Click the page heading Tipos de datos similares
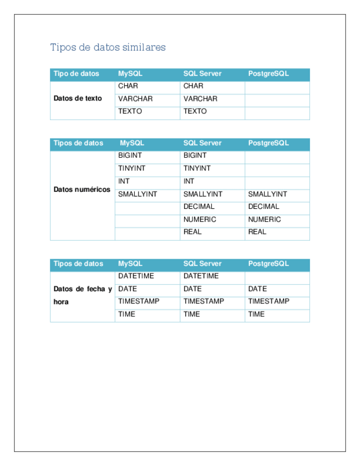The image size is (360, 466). coord(108,47)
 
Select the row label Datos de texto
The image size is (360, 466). coord(77,99)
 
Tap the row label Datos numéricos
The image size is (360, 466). coord(82,190)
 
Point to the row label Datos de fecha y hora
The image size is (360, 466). coord(82,295)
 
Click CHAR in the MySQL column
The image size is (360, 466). coord(128,86)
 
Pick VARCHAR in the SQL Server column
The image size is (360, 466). coord(200,99)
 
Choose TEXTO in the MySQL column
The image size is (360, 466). coord(130,112)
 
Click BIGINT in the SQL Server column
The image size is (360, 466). coord(195,156)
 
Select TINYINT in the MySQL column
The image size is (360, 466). coord(131,169)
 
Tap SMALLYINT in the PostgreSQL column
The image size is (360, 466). coord(267,194)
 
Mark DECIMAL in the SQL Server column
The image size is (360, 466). coord(199,207)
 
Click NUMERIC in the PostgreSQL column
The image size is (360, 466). coord(264,219)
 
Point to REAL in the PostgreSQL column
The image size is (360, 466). coord(257,232)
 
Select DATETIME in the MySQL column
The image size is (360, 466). coord(136,276)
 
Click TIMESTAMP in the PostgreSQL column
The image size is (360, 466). coord(268,301)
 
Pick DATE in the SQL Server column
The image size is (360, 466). coord(192,289)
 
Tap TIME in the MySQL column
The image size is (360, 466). coord(126,314)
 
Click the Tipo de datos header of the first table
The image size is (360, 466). coord(76,74)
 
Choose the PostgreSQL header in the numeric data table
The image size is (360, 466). coord(268,143)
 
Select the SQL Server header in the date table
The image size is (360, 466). coord(202,264)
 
